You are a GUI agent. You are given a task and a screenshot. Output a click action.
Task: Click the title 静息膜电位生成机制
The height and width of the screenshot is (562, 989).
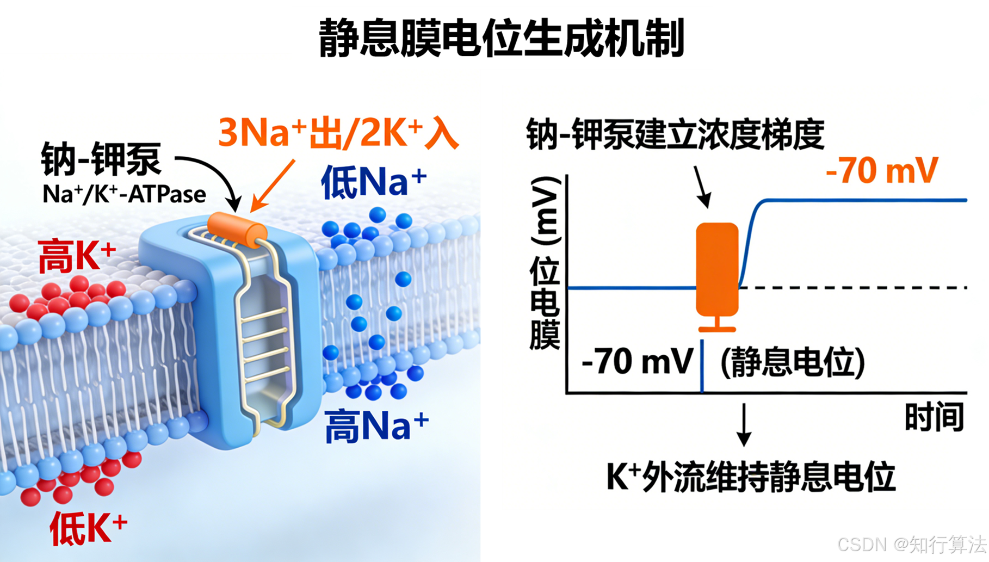click(501, 38)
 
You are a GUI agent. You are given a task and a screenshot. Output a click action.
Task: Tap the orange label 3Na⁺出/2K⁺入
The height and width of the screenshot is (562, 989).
click(338, 133)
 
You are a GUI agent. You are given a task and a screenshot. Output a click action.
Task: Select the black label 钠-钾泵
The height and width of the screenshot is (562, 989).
click(101, 159)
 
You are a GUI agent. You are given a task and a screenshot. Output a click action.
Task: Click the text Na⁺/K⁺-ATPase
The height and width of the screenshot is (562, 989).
click(125, 194)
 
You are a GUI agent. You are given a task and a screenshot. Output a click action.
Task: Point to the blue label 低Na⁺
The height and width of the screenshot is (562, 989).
click(374, 182)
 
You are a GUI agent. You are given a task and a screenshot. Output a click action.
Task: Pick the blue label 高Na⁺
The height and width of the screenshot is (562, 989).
click(376, 426)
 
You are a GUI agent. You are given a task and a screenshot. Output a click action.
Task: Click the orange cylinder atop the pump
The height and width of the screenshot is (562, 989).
click(237, 230)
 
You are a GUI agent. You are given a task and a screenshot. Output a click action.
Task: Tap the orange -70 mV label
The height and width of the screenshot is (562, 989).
click(882, 170)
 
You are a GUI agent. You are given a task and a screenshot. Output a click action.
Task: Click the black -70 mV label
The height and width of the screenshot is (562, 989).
click(637, 361)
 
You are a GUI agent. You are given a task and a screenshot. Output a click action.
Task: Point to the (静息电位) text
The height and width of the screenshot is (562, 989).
click(792, 362)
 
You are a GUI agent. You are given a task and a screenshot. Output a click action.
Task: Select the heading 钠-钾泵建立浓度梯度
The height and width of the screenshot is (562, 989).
click(675, 134)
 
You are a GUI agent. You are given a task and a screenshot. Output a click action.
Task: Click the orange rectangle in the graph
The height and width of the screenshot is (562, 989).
click(717, 269)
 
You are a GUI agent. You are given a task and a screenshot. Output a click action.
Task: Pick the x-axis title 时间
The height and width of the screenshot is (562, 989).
click(934, 417)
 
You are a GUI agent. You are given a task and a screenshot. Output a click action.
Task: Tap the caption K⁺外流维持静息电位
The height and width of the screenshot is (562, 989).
click(750, 477)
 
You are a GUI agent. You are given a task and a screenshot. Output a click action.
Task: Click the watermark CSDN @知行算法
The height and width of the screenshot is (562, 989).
click(911, 544)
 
